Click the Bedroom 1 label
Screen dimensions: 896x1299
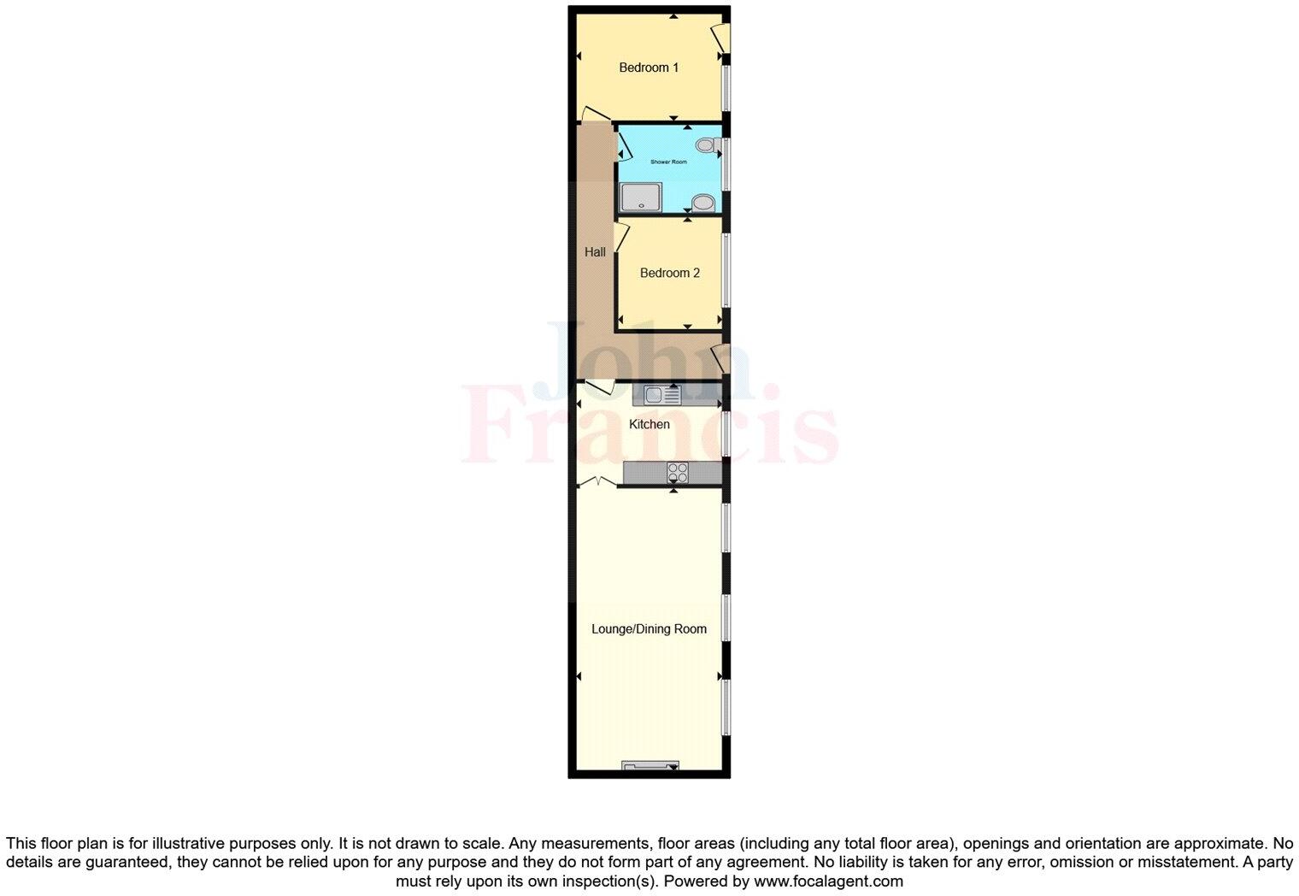pos(649,68)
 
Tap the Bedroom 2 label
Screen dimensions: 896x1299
pos(669,273)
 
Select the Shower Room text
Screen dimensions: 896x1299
pos(668,162)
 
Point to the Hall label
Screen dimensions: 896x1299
pos(595,251)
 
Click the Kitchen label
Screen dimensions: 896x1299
pos(649,424)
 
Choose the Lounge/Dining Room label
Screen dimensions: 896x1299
pos(649,628)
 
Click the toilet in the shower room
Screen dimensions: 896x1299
pos(707,144)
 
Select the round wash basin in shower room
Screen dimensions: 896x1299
pos(703,203)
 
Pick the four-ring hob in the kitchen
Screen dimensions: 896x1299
pos(678,471)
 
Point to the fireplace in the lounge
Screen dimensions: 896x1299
pos(649,765)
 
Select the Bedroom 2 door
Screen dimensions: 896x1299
pos(621,236)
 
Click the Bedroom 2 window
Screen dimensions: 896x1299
pos(726,270)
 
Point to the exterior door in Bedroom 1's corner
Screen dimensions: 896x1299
pos(720,38)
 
